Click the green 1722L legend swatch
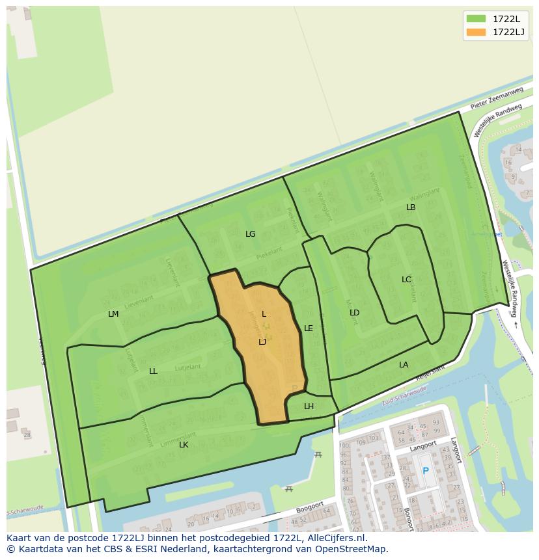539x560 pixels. coord(476,19)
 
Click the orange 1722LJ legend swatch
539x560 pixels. coord(476,32)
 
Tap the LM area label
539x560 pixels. coord(113,314)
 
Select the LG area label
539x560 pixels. coord(250,234)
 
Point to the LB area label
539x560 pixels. coord(411,207)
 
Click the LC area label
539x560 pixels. coord(406,280)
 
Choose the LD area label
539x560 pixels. coord(354,313)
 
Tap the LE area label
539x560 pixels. coord(309,328)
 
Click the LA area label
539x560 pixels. coord(404,365)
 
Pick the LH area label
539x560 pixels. coord(309,407)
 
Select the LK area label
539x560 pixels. coord(184,445)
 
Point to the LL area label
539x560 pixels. coord(153,371)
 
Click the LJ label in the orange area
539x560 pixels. coord(262,342)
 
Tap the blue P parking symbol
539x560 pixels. coord(426,471)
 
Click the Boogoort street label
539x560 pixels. coord(310,505)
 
